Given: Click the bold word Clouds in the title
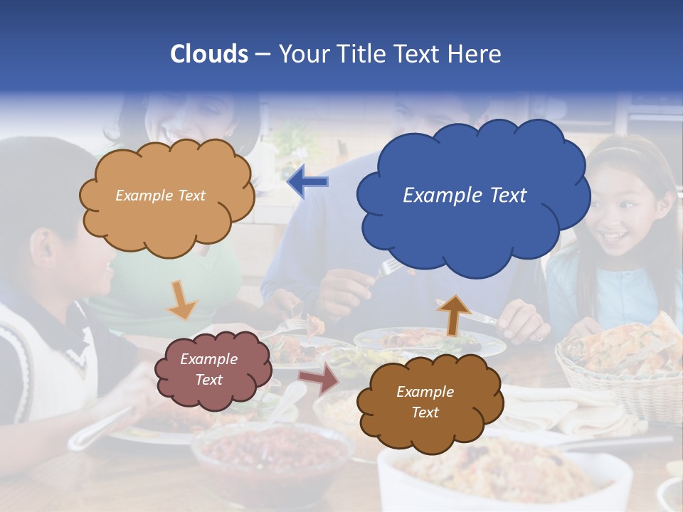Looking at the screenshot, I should [x=209, y=54].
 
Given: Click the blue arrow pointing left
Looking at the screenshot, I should [x=307, y=182].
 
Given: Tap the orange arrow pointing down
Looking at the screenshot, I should [x=182, y=300].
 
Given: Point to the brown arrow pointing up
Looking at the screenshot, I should [x=453, y=314].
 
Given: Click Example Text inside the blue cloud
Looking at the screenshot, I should [x=465, y=196].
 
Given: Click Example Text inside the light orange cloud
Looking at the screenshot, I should [x=160, y=196].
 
